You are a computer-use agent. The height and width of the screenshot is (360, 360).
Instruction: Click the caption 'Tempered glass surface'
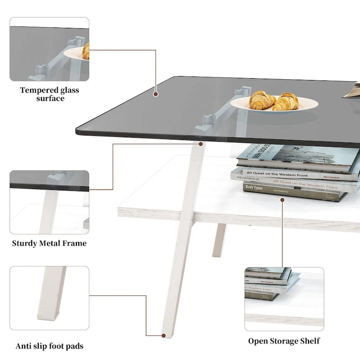[49, 94]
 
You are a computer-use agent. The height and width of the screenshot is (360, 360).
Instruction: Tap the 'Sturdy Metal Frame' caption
[49, 243]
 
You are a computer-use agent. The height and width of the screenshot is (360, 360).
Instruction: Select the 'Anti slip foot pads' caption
[49, 346]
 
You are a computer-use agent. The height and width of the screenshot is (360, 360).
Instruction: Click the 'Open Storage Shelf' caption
[284, 341]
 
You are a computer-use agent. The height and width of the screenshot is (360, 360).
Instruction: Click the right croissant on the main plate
[286, 102]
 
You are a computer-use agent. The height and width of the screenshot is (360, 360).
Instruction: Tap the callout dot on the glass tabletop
[156, 94]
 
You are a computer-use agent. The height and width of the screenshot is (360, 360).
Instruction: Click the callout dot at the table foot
[163, 335]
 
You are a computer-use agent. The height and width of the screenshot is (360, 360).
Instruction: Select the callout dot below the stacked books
[282, 199]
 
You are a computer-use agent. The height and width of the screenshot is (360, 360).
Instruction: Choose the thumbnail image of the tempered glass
[49, 49]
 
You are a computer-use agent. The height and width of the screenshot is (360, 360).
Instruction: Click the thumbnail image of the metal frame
[49, 202]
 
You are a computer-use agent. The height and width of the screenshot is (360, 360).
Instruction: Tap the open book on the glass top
[353, 90]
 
